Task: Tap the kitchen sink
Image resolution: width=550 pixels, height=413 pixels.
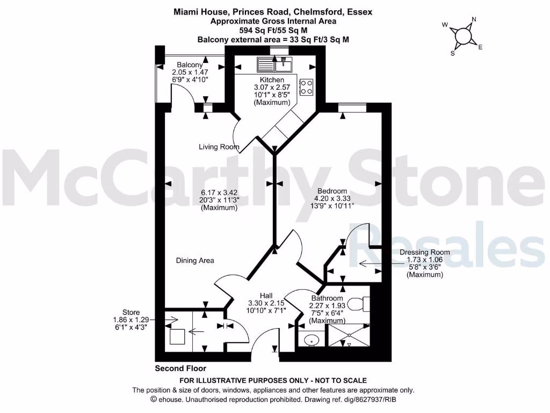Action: (x=274, y=65)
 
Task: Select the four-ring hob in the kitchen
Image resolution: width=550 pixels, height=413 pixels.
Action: (x=306, y=87)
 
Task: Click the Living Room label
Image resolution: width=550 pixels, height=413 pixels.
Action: (x=219, y=147)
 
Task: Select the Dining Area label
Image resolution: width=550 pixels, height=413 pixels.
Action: (x=195, y=260)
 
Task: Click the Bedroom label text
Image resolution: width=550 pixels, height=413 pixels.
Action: (x=332, y=191)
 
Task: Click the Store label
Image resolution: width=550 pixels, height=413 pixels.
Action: (x=131, y=312)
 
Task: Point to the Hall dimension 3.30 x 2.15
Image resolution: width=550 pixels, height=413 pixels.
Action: (x=266, y=303)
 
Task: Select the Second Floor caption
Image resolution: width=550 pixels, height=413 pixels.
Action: (x=180, y=368)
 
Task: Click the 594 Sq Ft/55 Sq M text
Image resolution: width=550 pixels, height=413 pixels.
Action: (x=273, y=31)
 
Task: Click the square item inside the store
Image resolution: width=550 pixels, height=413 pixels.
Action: (x=177, y=337)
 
